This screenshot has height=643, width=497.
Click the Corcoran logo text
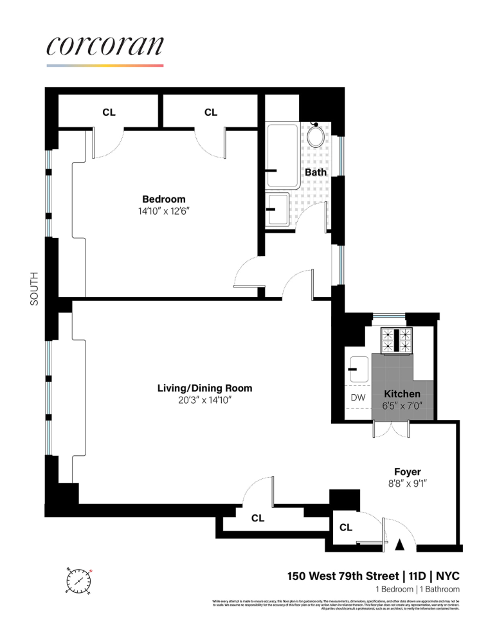(105, 46)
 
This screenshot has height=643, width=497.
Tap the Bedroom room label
(163, 199)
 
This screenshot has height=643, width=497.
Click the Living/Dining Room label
(204, 388)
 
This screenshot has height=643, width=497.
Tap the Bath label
(315, 172)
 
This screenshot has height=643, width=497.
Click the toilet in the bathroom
(316, 136)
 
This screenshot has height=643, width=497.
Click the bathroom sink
(278, 210)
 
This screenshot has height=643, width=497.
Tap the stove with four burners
(397, 341)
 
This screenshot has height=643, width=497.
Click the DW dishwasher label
(357, 397)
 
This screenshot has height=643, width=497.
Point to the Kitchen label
(402, 394)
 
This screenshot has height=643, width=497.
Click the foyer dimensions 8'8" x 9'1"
(407, 484)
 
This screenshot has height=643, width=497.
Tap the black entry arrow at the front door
(399, 545)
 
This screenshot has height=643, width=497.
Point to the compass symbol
(78, 581)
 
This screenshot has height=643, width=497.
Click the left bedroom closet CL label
(109, 113)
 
